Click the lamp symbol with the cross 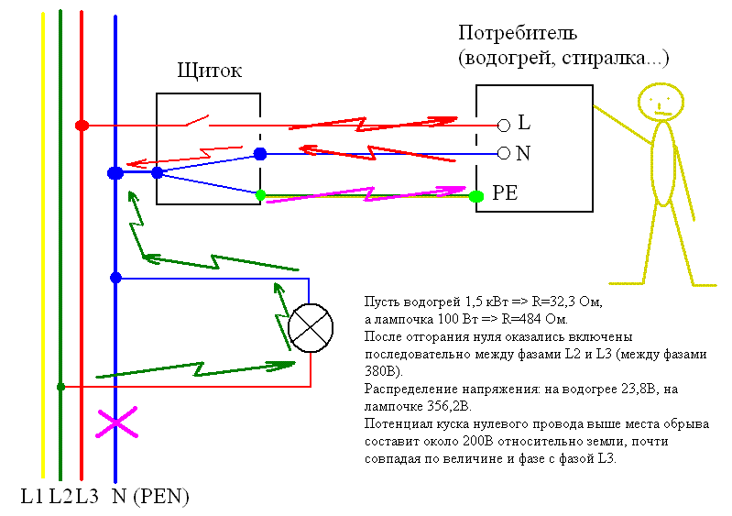pyautogui.click(x=311, y=324)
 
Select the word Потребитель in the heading pyautogui.click(x=516, y=34)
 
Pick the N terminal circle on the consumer pyautogui.click(x=503, y=153)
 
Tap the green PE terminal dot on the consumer pyautogui.click(x=475, y=195)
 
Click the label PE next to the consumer pyautogui.click(x=506, y=194)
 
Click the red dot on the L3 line pyautogui.click(x=82, y=125)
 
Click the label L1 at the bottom pyautogui.click(x=33, y=498)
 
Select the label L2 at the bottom pyautogui.click(x=60, y=498)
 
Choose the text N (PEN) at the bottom pyautogui.click(x=149, y=498)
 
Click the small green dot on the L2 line pyautogui.click(x=60, y=387)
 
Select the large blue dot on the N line pyautogui.click(x=115, y=172)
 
